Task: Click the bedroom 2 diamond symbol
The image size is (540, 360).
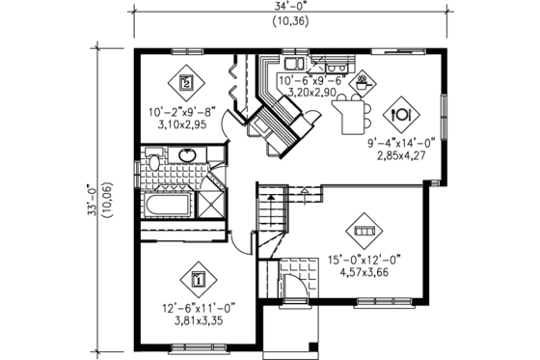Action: (x=187, y=82)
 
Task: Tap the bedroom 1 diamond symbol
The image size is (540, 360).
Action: (x=198, y=280)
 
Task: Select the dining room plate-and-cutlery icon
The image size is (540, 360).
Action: (x=399, y=113)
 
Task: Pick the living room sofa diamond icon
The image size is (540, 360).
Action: (x=364, y=233)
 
